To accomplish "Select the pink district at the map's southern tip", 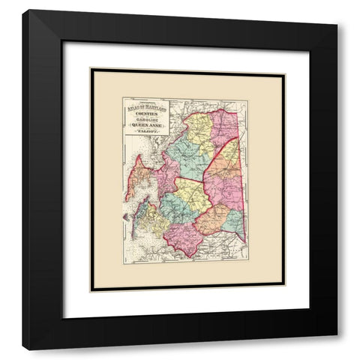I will point(184,238).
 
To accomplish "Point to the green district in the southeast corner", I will point(233,221).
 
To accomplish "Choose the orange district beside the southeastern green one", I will point(212,219).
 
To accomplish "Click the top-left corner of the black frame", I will point(23,10).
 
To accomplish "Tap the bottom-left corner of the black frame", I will point(23,349).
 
